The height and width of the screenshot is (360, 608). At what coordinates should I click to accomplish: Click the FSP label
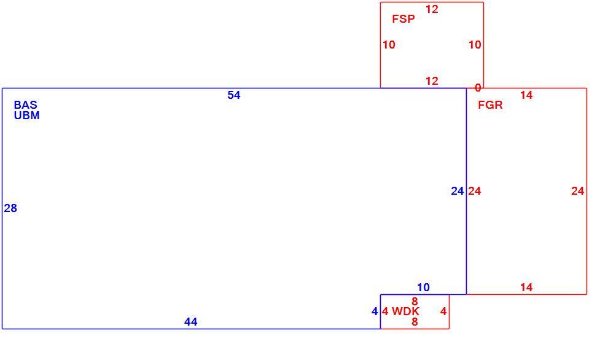403,19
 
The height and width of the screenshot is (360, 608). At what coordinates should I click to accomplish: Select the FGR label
490,105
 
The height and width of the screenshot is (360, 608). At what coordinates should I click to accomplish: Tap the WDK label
405,311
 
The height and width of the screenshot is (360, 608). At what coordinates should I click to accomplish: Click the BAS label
26,104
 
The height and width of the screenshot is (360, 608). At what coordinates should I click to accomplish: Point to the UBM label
27,115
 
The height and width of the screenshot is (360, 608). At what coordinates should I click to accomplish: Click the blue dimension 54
234,95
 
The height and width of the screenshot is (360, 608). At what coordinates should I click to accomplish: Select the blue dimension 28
10,208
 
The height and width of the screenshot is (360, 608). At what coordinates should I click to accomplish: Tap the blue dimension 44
191,321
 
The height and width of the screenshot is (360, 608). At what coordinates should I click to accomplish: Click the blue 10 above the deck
423,288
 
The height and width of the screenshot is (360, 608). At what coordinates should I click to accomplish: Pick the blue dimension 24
458,191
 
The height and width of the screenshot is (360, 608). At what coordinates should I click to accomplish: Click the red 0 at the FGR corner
478,88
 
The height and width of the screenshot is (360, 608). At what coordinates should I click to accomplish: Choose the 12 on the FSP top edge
432,9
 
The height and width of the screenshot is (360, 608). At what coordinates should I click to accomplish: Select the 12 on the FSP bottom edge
432,81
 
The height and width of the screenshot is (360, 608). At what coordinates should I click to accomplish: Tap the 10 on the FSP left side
389,45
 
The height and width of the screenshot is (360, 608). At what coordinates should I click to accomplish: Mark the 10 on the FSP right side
475,45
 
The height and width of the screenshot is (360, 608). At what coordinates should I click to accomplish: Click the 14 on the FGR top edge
526,95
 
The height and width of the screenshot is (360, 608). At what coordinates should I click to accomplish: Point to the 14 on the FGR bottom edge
526,288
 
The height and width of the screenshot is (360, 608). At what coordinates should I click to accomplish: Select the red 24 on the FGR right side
578,191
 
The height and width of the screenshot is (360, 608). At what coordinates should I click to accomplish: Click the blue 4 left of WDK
375,311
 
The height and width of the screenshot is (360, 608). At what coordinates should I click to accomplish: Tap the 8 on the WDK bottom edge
415,321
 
